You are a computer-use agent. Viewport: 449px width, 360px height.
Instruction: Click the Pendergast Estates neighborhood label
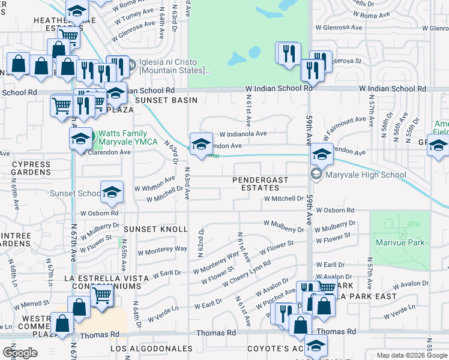tap(261, 184)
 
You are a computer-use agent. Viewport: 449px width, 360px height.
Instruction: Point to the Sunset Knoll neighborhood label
tap(156, 230)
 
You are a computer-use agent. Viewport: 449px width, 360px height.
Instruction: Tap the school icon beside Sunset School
tap(112, 193)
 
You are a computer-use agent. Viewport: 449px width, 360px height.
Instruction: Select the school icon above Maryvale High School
tap(322, 155)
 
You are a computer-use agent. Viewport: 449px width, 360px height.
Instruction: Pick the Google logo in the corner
tap(20, 353)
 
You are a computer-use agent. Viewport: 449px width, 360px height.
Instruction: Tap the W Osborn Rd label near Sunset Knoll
tap(100, 213)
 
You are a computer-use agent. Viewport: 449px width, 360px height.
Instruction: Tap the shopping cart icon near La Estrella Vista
tap(101, 295)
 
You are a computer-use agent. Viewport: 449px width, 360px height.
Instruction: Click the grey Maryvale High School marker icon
tap(315, 175)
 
